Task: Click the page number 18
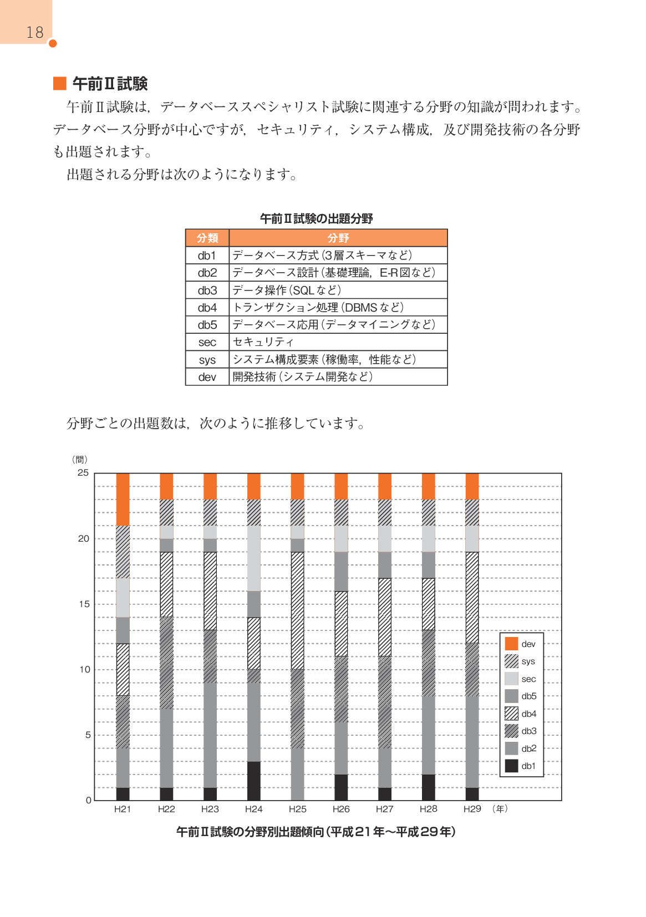[34, 32]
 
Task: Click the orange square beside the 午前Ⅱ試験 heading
[59, 84]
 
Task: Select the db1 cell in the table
[207, 256]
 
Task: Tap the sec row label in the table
[207, 343]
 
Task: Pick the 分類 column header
[207, 238]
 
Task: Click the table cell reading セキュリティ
[263, 342]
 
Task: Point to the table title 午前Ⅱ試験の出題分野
[316, 218]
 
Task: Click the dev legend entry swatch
[511, 644]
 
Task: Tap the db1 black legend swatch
[511, 766]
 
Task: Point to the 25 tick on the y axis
[83, 473]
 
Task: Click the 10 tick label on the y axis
[84, 670]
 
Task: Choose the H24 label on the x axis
[253, 809]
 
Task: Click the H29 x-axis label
[472, 809]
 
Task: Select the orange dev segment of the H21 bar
[123, 499]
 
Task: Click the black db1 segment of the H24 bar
[253, 781]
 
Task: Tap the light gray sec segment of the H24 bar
[253, 558]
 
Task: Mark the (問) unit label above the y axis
[80, 460]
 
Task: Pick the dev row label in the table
[207, 377]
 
